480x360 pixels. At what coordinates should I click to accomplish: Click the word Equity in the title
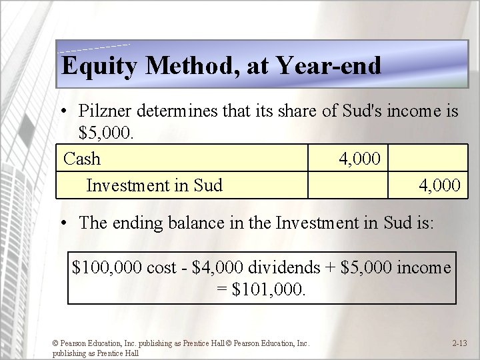(x=100, y=65)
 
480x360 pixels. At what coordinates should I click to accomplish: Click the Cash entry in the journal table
(x=82, y=159)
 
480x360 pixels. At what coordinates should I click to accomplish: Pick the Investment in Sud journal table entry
(x=154, y=185)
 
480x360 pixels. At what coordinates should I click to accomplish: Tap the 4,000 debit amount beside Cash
(x=359, y=159)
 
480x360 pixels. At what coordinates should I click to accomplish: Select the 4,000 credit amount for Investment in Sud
(x=439, y=185)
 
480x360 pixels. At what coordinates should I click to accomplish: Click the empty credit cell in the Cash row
(x=429, y=159)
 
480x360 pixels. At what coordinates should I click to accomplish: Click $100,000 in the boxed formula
(x=106, y=267)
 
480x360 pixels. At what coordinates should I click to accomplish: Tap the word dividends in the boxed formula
(x=285, y=267)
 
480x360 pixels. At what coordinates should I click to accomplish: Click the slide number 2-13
(x=459, y=343)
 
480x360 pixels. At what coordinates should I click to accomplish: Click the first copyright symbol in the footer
(x=56, y=343)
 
